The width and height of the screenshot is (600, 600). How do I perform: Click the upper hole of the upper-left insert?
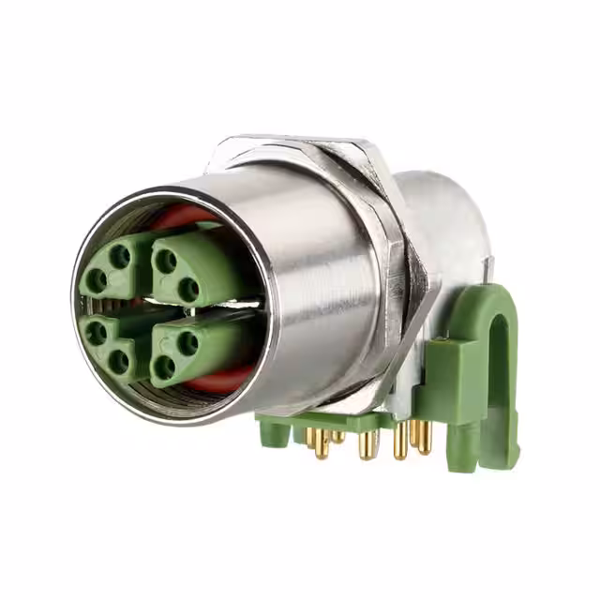(x=121, y=254)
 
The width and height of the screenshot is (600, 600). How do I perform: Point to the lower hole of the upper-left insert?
(x=97, y=279)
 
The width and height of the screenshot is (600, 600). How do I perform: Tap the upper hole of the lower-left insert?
(x=96, y=329)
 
